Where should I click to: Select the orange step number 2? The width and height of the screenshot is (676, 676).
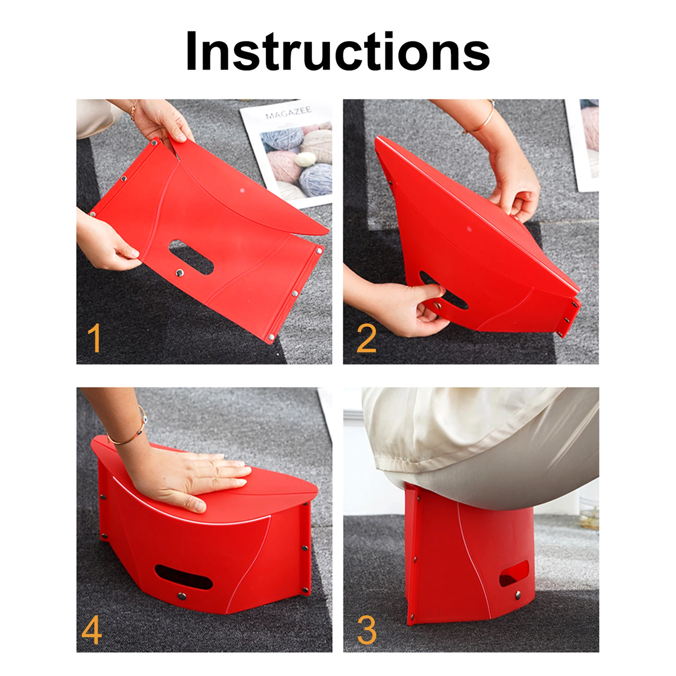[366, 338]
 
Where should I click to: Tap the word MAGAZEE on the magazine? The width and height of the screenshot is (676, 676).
[288, 113]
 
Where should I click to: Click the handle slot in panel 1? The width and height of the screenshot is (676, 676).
[191, 258]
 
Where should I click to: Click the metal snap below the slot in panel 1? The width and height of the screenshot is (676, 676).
[180, 273]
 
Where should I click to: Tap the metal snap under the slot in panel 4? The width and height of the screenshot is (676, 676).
[182, 597]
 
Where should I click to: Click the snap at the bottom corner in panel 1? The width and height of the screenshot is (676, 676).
[271, 337]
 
